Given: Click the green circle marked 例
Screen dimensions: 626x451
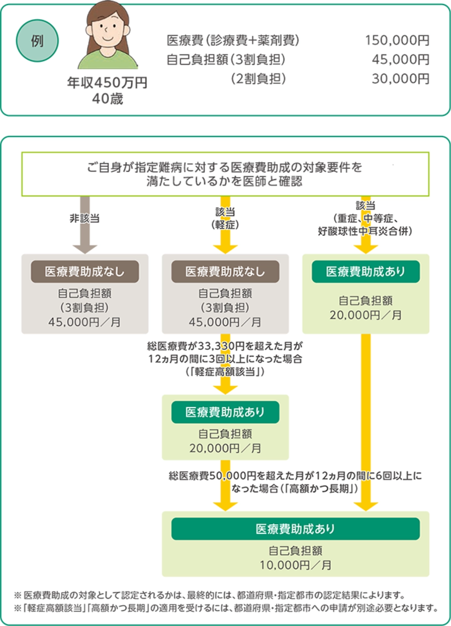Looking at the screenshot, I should click(x=37, y=41).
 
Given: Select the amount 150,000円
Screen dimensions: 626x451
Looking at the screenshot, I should click(x=397, y=41).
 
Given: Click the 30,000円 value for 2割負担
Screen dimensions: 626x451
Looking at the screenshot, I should click(x=400, y=79).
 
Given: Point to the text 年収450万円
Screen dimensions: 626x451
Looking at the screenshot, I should click(x=107, y=83).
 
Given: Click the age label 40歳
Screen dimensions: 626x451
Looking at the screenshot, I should click(x=107, y=99).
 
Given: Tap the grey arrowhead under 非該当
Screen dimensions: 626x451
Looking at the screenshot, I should click(x=85, y=248).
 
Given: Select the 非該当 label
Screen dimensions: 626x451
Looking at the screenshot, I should click(x=85, y=218).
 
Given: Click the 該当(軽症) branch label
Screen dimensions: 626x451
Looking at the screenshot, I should click(x=225, y=218).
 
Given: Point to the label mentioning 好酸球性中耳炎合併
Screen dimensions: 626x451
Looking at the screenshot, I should click(x=365, y=231).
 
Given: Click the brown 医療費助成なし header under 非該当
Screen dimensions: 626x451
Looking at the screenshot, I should click(x=85, y=272).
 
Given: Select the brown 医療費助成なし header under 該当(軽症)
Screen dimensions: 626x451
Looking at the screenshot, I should click(x=225, y=272).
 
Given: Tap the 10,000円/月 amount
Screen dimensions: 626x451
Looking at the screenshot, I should click(x=295, y=565).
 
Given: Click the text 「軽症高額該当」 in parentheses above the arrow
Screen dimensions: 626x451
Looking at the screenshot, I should click(x=225, y=372).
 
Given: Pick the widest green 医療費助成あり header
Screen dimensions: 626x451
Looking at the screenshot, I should click(x=295, y=529).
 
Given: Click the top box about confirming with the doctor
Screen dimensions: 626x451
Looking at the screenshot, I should click(x=225, y=174).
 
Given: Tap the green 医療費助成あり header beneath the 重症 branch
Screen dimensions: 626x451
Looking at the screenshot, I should click(x=365, y=272).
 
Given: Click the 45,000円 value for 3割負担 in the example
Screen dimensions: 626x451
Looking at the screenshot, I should click(x=400, y=60).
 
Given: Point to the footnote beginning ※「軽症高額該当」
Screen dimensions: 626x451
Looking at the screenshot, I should click(x=225, y=608).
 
